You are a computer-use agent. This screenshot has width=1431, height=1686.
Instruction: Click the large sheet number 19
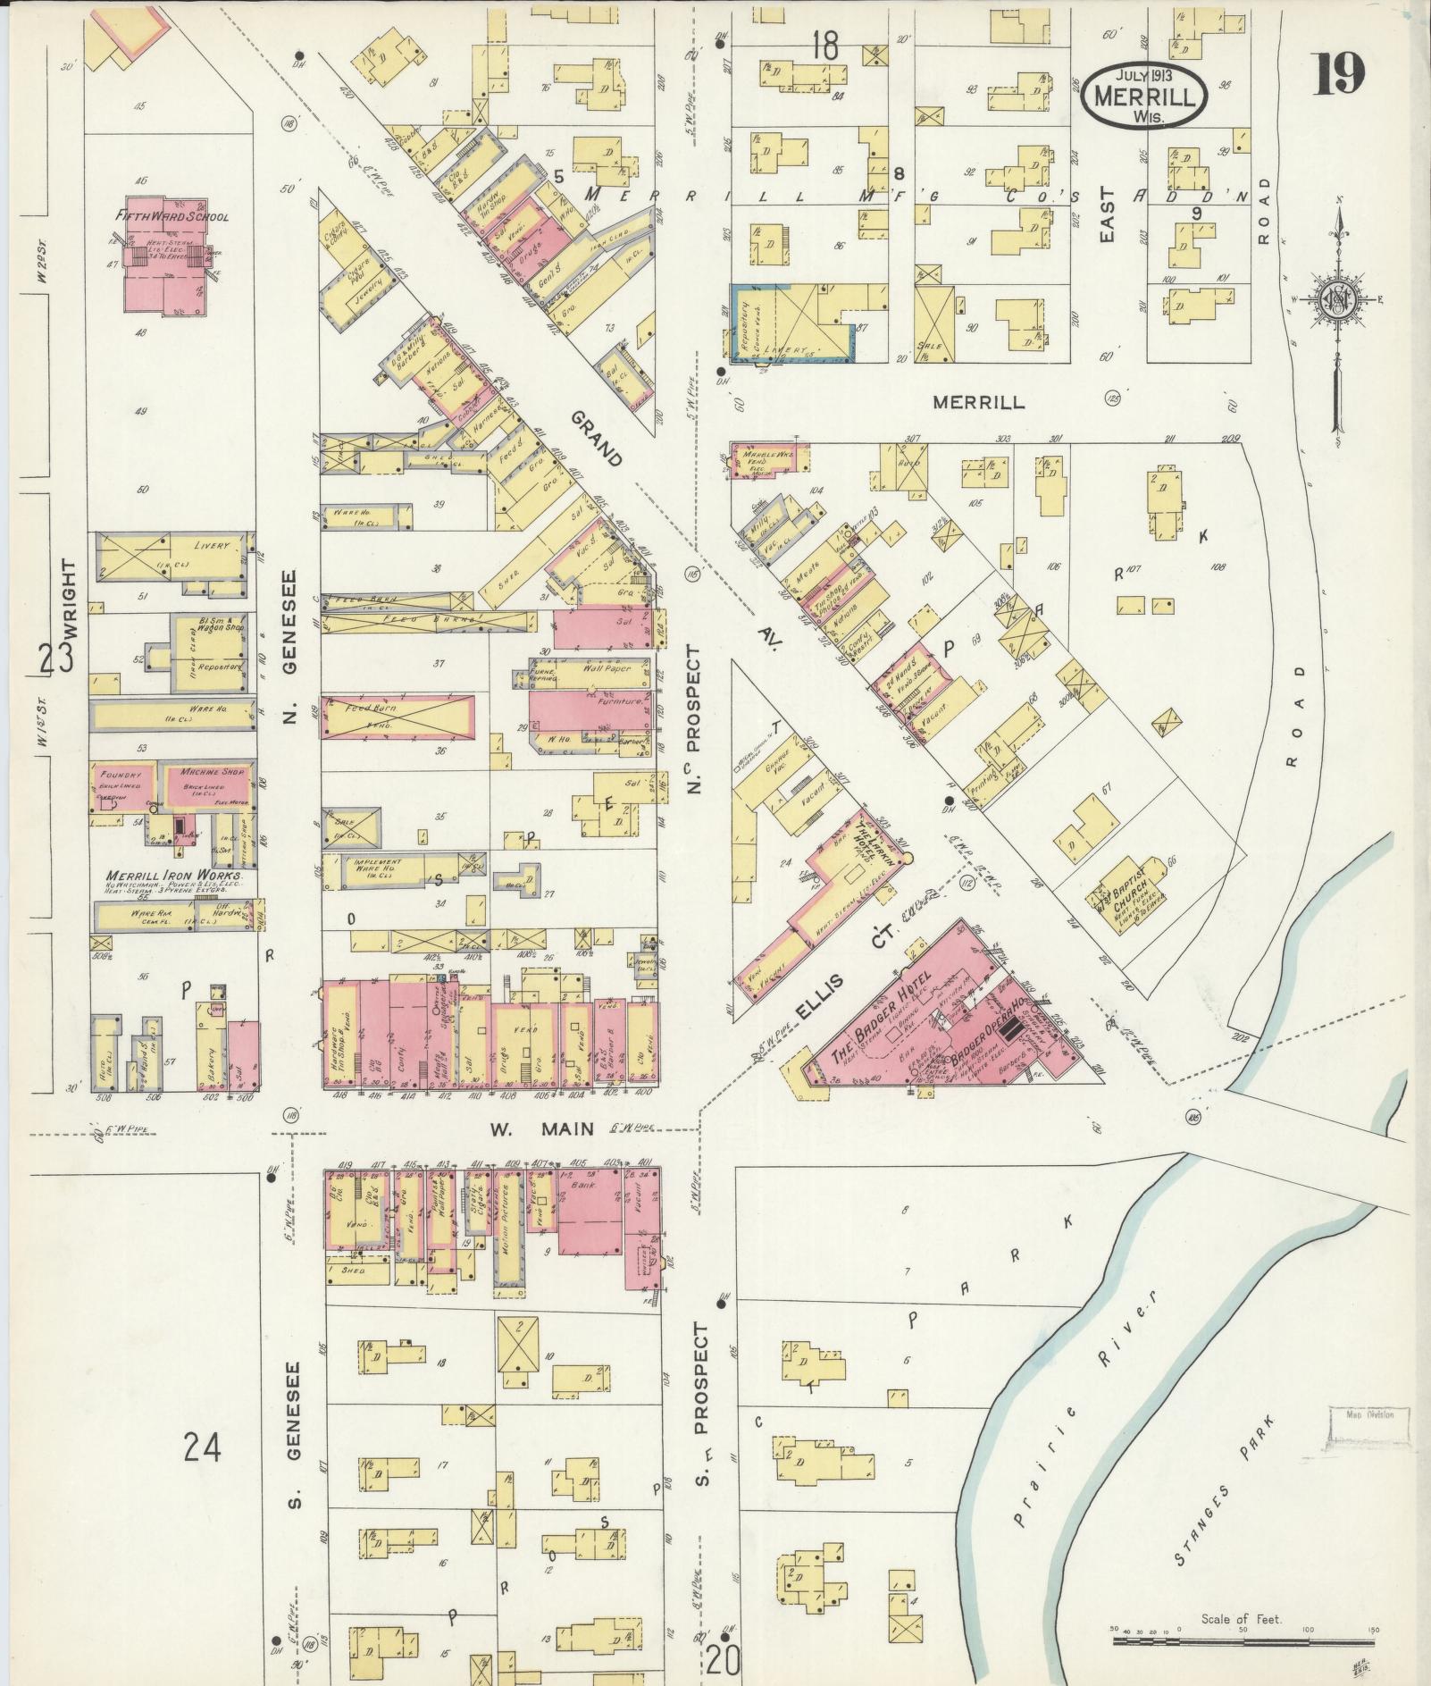(x=1340, y=74)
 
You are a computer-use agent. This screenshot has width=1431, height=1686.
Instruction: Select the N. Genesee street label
(x=291, y=646)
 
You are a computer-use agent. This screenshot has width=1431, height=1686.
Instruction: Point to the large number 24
(x=203, y=1445)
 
